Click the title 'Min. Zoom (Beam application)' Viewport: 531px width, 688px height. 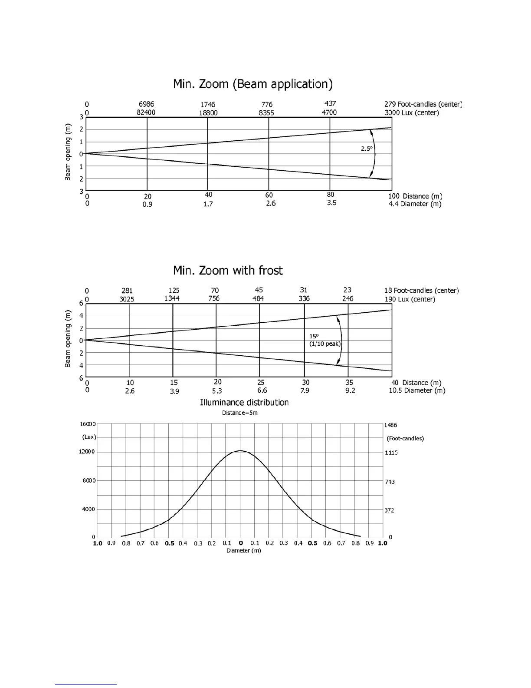tap(252, 84)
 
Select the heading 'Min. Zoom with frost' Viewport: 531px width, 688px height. tap(228, 271)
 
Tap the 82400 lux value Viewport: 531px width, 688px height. tap(146, 112)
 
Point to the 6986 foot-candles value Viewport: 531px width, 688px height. tap(146, 104)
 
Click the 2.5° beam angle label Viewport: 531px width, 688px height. tap(367, 149)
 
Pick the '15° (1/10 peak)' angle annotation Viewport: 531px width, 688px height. tap(325, 340)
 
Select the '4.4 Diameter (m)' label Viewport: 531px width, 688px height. tap(415, 204)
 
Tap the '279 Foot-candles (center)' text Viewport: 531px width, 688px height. tap(423, 104)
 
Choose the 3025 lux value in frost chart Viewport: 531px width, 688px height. tap(127, 299)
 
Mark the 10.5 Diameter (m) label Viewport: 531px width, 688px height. tap(417, 390)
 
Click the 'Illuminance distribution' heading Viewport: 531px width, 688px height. tap(244, 403)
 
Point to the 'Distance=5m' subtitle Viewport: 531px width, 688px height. tap(240, 413)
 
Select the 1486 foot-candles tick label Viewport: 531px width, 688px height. tap(391, 425)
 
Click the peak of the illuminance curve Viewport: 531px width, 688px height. tap(240, 451)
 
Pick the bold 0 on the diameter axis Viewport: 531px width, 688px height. tap(241, 543)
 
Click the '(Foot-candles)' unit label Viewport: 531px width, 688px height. tap(405, 438)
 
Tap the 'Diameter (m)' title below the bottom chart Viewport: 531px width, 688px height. tap(244, 551)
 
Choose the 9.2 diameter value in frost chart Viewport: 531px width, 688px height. tap(350, 390)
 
